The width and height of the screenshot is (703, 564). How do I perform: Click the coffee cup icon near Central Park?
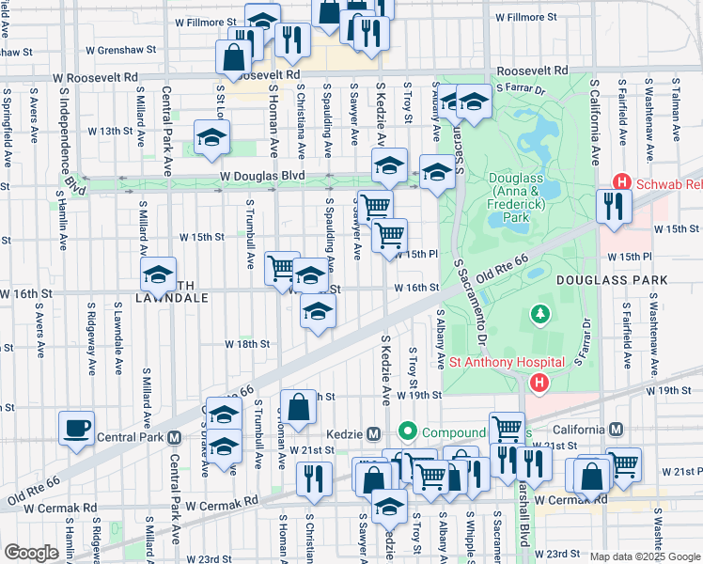[76, 429]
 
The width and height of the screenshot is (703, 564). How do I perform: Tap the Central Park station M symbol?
[174, 438]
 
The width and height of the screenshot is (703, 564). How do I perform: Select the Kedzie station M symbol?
[373, 433]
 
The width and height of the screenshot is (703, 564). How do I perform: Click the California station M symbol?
[616, 430]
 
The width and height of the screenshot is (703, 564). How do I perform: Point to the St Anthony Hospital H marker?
[539, 383]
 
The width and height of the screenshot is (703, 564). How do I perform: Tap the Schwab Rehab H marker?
[621, 182]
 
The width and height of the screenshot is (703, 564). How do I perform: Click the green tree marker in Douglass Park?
[540, 313]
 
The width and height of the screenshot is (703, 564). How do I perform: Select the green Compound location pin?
[407, 432]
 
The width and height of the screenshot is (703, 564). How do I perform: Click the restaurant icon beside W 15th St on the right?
[614, 207]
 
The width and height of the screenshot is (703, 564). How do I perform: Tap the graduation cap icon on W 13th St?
[212, 139]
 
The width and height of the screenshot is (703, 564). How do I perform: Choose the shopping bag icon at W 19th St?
[298, 408]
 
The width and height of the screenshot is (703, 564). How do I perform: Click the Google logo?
[31, 553]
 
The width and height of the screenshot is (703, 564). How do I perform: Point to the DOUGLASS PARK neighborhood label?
[611, 280]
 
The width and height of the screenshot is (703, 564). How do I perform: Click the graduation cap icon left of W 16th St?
[159, 275]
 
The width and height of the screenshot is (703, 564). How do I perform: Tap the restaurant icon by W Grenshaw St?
[295, 39]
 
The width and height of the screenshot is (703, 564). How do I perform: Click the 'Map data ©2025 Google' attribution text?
[645, 556]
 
